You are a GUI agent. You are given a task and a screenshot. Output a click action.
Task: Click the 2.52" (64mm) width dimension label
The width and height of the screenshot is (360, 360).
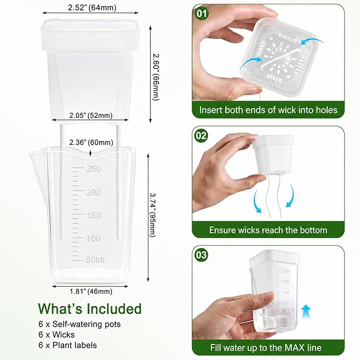(92, 8)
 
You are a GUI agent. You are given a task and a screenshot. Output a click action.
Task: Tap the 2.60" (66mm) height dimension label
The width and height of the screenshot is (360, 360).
(156, 77)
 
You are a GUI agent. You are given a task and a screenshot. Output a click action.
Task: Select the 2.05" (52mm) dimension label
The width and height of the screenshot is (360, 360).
(91, 115)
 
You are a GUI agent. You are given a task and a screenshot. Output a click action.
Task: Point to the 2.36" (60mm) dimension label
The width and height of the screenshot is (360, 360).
(91, 142)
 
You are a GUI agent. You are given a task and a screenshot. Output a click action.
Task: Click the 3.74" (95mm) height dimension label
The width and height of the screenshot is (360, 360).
(153, 215)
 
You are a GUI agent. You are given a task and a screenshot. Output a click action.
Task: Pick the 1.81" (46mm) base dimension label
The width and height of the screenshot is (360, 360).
(91, 292)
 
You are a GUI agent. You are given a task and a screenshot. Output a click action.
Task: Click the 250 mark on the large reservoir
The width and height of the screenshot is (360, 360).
(94, 169)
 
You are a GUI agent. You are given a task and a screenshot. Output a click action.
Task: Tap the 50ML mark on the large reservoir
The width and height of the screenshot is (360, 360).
(96, 260)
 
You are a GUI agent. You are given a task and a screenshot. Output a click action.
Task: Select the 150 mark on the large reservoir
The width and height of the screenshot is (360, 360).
(94, 215)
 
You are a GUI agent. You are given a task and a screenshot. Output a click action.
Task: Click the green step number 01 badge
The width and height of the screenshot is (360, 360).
(201, 14)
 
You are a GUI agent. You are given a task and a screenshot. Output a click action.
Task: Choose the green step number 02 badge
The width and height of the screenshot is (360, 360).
(201, 135)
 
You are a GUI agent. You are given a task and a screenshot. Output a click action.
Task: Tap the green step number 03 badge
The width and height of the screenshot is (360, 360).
(201, 255)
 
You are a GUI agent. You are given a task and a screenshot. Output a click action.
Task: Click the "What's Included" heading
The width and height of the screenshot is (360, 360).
(90, 309)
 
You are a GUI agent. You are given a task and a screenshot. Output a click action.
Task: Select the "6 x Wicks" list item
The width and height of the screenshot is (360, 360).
(57, 335)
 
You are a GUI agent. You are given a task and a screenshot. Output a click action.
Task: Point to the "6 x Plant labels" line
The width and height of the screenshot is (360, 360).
(68, 345)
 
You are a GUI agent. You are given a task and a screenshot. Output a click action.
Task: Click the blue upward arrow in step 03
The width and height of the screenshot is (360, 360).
(305, 312)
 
